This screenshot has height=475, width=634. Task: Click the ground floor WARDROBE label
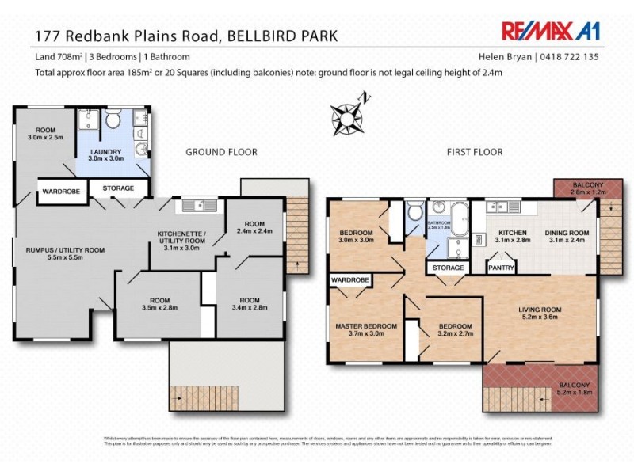click(x=60, y=188)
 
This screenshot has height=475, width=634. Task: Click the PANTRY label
click(x=502, y=268)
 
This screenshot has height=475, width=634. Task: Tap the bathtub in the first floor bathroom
click(x=460, y=216)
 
